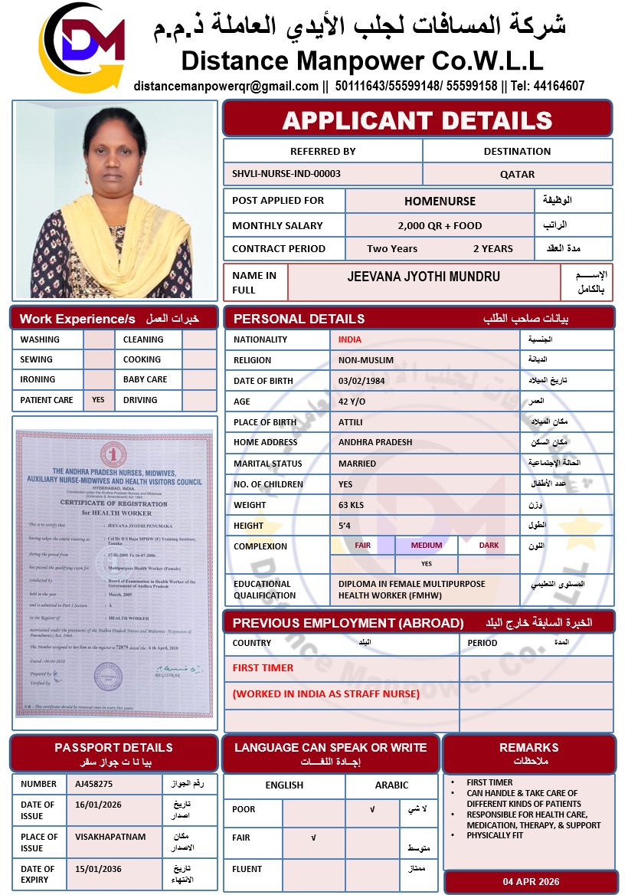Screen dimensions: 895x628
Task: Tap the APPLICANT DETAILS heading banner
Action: pyautogui.click(x=417, y=120)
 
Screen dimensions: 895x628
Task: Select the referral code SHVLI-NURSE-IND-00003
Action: pyautogui.click(x=286, y=174)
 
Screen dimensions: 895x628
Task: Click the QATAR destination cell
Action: pyautogui.click(x=518, y=174)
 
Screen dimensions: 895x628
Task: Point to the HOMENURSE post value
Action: pyautogui.click(x=440, y=201)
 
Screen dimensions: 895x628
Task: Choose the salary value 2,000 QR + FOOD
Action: pyautogui.click(x=440, y=225)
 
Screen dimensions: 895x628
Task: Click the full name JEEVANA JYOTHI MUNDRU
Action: pyautogui.click(x=424, y=277)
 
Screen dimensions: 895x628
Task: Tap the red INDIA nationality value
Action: pyautogui.click(x=350, y=339)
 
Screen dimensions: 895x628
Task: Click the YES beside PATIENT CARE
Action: pyautogui.click(x=98, y=400)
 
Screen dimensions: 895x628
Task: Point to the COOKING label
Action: pyautogui.click(x=142, y=359)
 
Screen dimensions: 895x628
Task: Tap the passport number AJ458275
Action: pyautogui.click(x=94, y=784)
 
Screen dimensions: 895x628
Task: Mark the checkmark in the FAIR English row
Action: pyautogui.click(x=313, y=838)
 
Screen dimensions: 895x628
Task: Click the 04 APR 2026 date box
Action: pyautogui.click(x=531, y=881)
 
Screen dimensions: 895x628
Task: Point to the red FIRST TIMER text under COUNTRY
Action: pyautogui.click(x=263, y=667)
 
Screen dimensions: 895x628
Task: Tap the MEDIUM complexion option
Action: pyautogui.click(x=427, y=546)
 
